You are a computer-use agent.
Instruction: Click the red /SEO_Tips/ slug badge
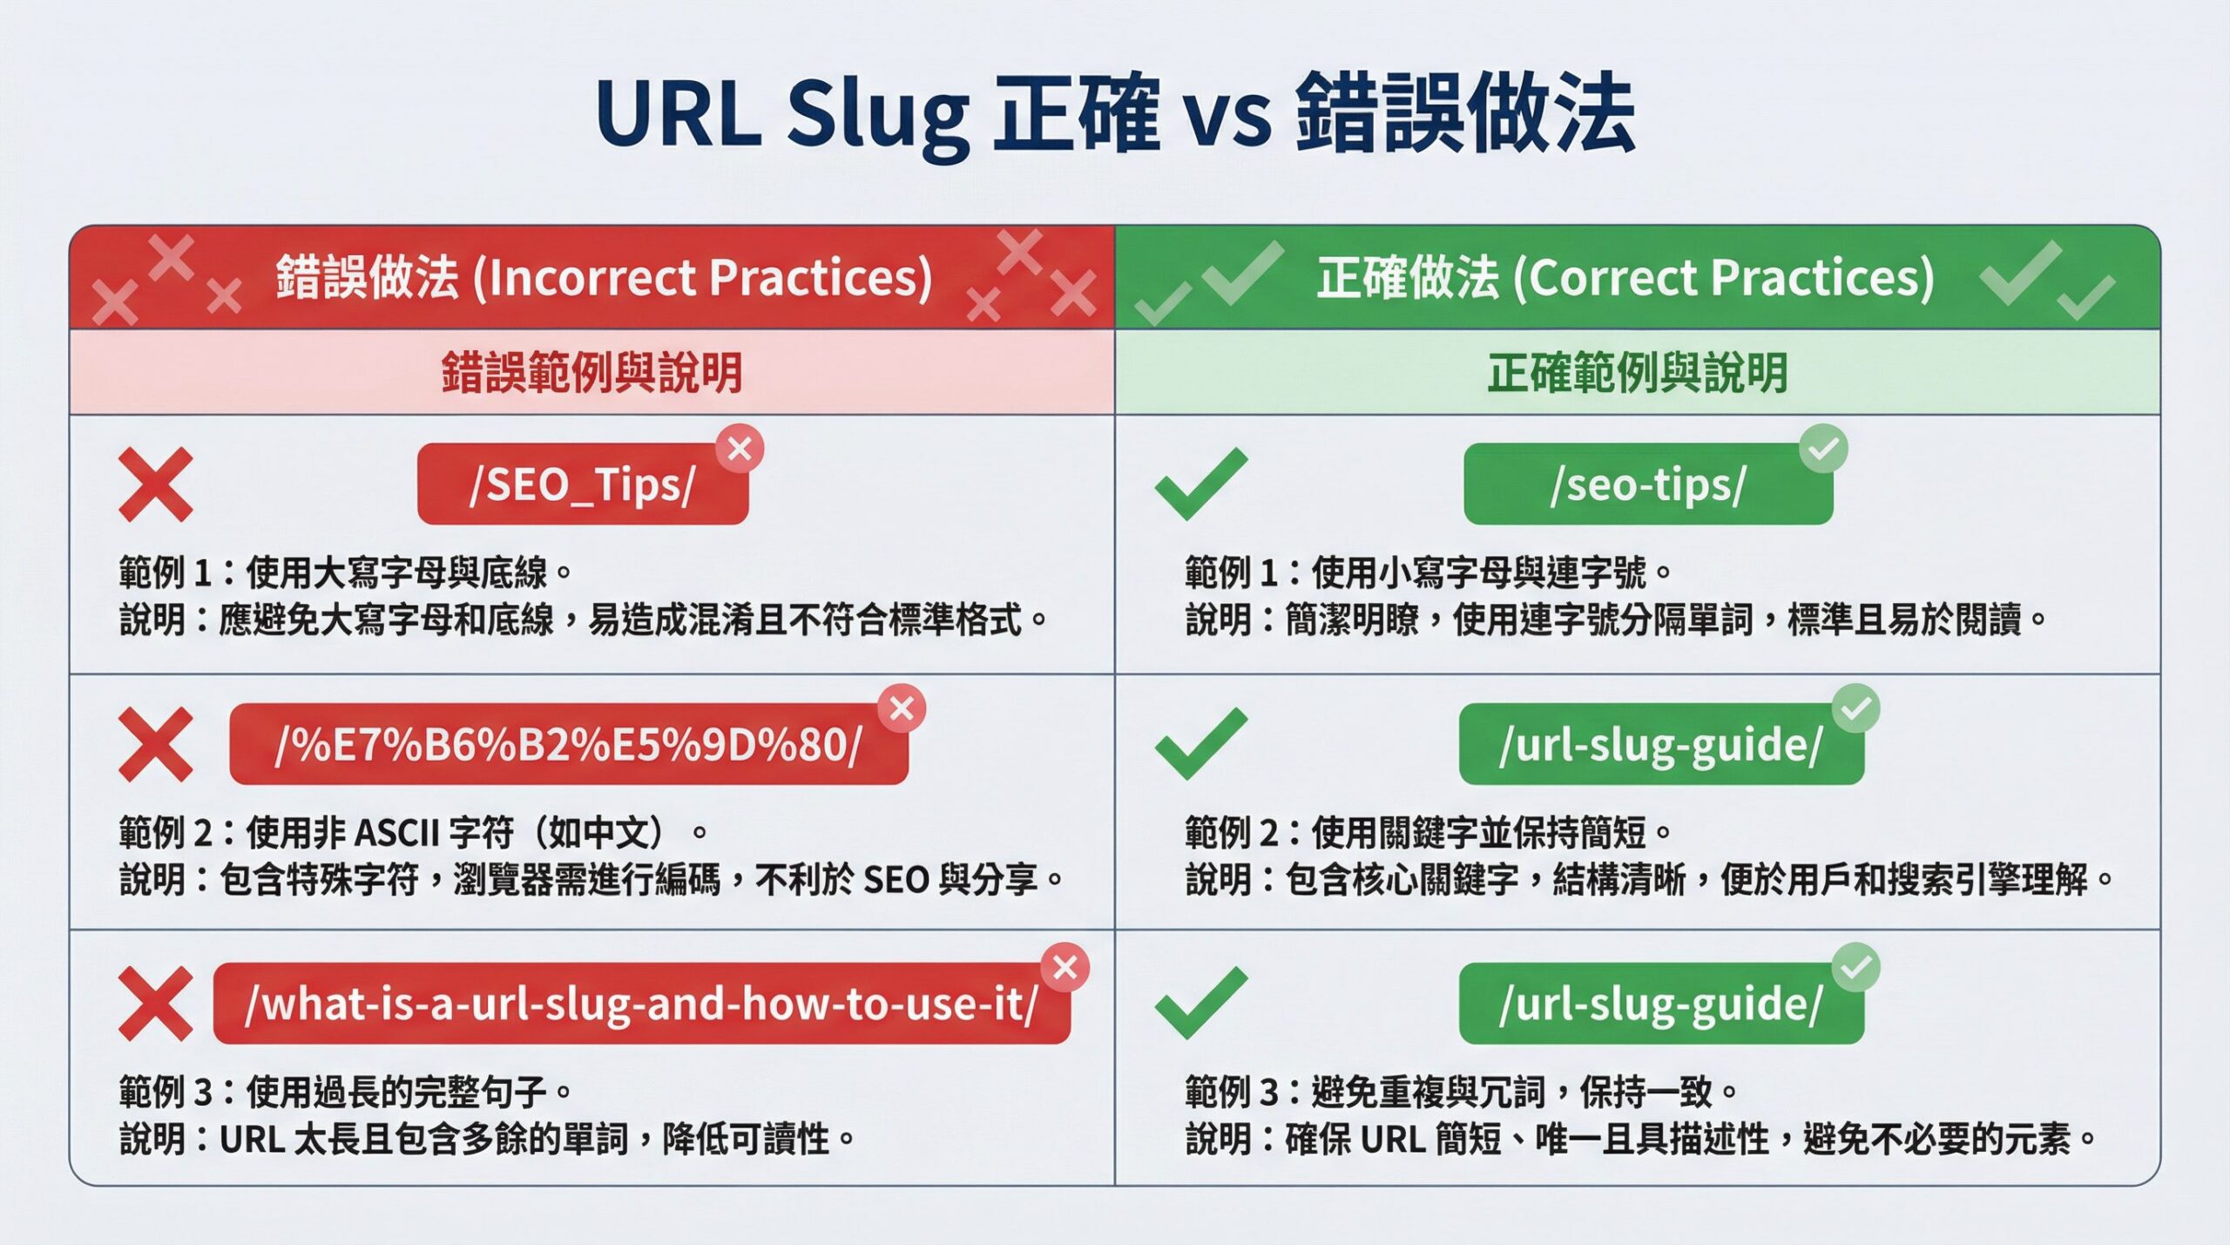[x=582, y=484]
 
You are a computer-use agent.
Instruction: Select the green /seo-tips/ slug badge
[x=1647, y=484]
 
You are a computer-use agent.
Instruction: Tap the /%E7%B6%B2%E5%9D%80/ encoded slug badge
[x=568, y=745]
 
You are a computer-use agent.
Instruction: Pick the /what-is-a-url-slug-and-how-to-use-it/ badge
[x=641, y=1004]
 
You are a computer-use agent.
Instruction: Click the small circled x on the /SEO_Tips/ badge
[x=740, y=449]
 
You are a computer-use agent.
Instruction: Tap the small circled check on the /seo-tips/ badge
[x=1823, y=449]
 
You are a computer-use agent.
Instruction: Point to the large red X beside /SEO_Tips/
[x=155, y=484]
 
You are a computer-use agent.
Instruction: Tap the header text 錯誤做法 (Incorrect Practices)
[x=604, y=278]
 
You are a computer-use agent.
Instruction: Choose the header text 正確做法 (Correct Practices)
[x=1625, y=278]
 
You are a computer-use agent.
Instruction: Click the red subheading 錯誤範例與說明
[x=591, y=372]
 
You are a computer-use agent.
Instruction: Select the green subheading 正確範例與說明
[x=1637, y=372]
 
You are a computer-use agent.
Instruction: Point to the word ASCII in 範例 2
[x=397, y=834]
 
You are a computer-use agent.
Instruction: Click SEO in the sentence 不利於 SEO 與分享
[x=895, y=881]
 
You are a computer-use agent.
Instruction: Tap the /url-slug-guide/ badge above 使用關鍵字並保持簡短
[x=1660, y=745]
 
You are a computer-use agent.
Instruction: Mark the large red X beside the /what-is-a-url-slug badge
[x=155, y=1004]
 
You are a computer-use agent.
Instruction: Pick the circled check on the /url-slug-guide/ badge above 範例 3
[x=1855, y=967]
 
